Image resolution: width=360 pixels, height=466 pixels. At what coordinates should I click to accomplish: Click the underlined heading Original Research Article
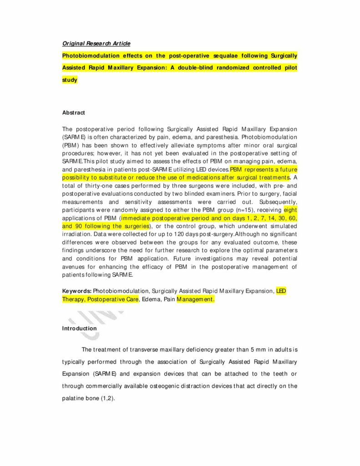(x=96, y=44)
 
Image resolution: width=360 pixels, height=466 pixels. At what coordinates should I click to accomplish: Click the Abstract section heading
(x=73, y=112)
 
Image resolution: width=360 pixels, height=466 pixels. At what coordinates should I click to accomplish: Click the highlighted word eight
(x=290, y=210)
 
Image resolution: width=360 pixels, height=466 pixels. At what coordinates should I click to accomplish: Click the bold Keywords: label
(x=77, y=290)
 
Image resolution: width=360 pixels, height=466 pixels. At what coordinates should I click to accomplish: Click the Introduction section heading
(x=79, y=328)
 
